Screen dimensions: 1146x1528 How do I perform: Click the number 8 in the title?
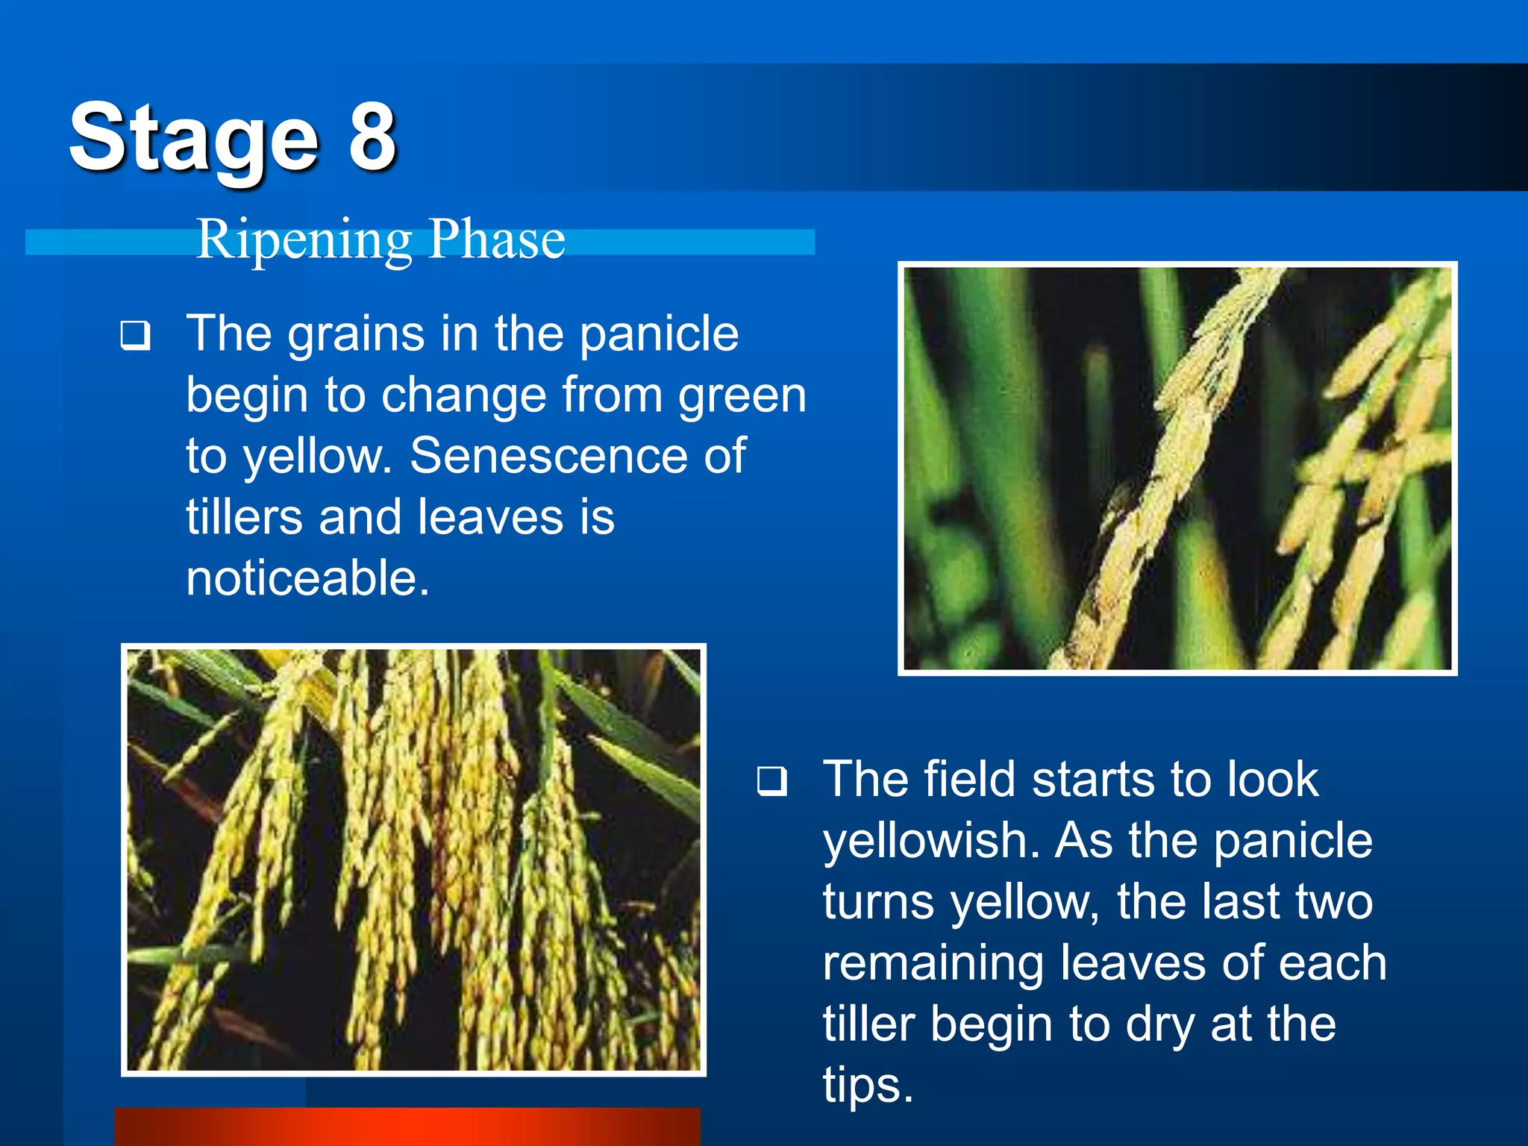[x=372, y=136]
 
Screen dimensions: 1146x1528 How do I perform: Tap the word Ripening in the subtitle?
[x=304, y=240]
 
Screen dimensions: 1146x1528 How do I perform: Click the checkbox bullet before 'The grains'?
[x=135, y=336]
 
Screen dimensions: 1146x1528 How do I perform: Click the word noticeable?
[x=307, y=578]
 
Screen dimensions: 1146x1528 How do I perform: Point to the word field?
[x=970, y=779]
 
